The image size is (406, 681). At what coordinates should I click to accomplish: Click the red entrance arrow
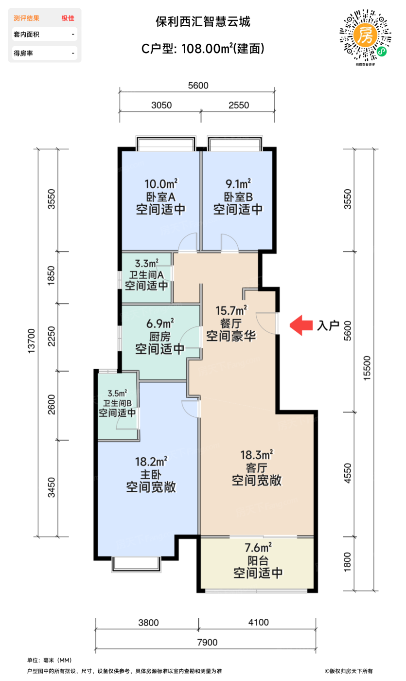click(301, 325)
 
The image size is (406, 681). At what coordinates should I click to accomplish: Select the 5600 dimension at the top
click(198, 86)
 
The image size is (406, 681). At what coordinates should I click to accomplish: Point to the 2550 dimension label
click(238, 105)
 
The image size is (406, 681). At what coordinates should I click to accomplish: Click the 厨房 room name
click(159, 336)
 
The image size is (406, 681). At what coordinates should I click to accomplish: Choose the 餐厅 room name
click(231, 323)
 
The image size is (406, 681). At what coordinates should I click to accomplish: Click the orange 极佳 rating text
click(68, 18)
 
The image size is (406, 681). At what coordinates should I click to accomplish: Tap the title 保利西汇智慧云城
click(203, 22)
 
